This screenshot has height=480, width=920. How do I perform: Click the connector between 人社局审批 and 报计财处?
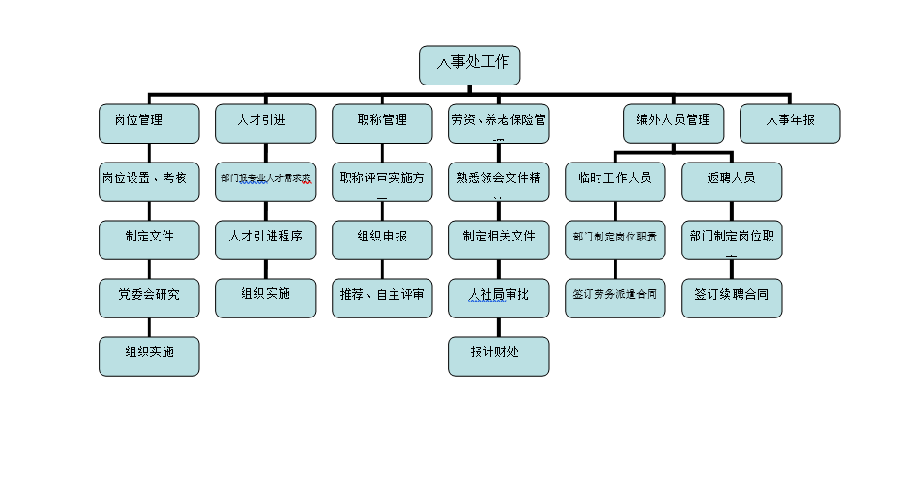(x=498, y=327)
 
